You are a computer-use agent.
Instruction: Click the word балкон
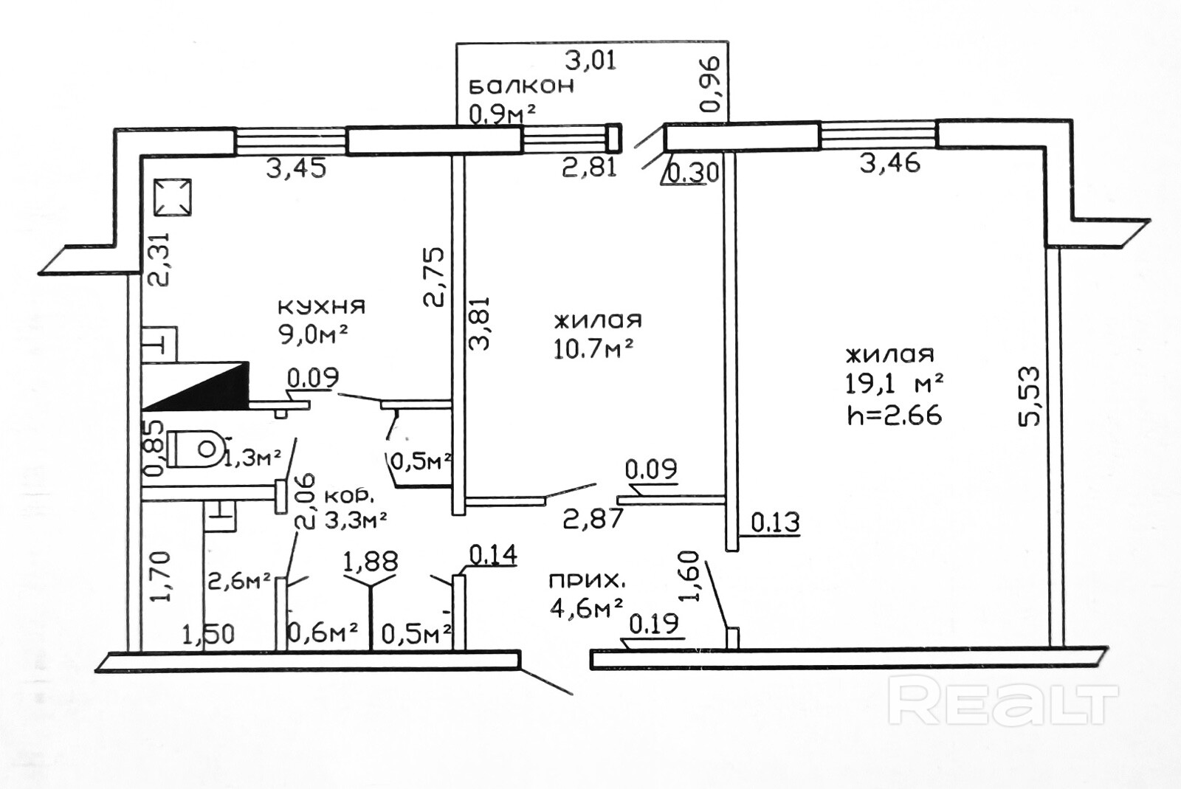(x=521, y=86)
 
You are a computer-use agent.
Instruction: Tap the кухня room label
(x=321, y=306)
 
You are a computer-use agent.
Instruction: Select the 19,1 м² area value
(x=895, y=384)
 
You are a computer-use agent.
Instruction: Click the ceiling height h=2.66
(x=895, y=416)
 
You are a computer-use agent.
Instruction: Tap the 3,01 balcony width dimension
(x=590, y=59)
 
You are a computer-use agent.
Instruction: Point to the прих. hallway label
(x=583, y=581)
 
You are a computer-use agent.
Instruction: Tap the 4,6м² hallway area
(x=586, y=610)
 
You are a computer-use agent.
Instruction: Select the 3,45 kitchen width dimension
(x=296, y=169)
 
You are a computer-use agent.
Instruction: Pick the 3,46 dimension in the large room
(x=890, y=162)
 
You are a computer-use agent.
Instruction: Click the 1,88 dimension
(x=371, y=562)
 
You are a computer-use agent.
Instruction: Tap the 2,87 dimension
(x=593, y=517)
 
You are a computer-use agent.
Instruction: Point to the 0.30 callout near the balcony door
(x=692, y=173)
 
